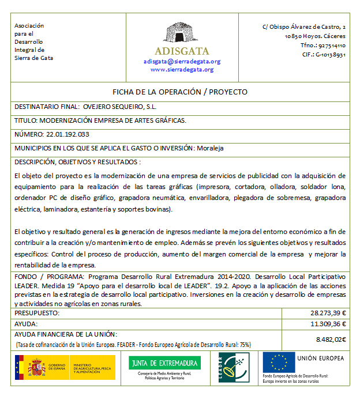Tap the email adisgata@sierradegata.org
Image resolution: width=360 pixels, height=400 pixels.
[182, 61]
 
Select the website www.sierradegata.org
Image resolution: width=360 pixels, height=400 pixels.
[182, 69]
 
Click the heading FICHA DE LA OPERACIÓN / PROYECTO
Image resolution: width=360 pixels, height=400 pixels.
[179, 92]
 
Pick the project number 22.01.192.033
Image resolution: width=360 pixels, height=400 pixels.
[67, 134]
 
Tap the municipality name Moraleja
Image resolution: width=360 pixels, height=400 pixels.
[210, 148]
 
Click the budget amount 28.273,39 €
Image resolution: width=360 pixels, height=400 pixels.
[328, 312]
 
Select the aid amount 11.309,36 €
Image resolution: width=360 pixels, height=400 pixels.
[328, 323]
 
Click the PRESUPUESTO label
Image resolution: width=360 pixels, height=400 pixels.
[37, 312]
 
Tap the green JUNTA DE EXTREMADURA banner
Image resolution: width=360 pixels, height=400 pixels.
[164, 363]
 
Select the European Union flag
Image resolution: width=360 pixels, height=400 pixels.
[279, 362]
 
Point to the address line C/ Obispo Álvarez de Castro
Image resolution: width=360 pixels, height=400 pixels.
[304, 27]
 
